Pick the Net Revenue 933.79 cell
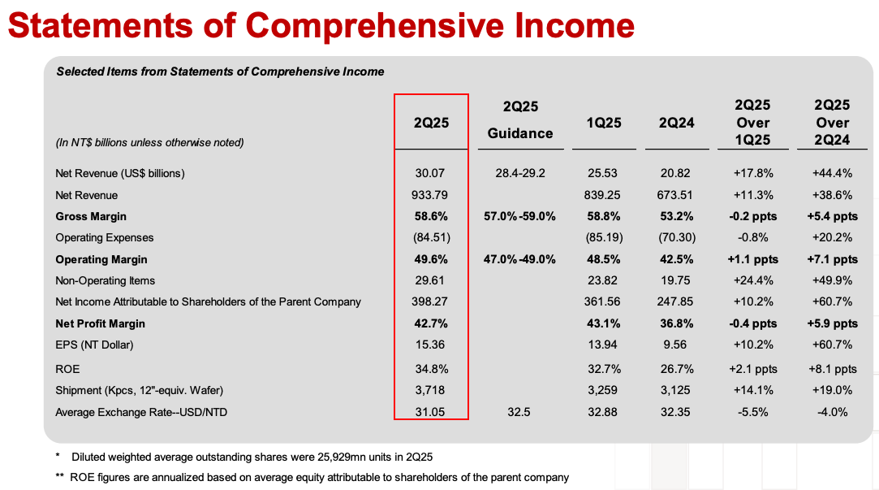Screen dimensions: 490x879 (431, 195)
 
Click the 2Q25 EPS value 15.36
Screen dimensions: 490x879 (431, 345)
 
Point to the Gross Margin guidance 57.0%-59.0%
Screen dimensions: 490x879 (520, 216)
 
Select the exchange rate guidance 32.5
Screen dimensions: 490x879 (519, 412)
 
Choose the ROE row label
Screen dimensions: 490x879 (67, 369)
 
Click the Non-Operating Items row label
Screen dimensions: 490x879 (105, 280)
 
